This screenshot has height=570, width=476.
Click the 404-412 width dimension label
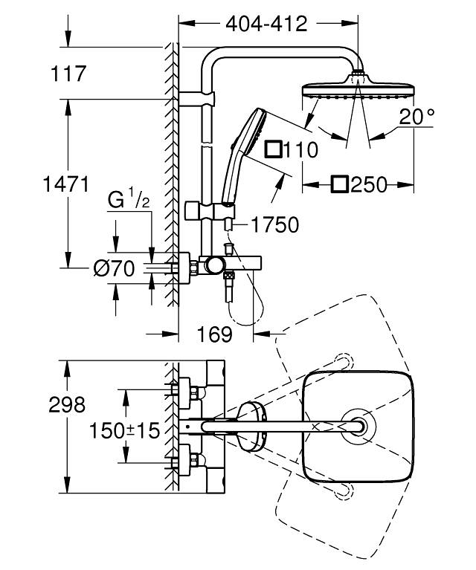[x=266, y=25]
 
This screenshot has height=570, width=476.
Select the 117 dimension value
[x=69, y=74]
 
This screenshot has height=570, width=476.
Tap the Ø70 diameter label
[x=115, y=268]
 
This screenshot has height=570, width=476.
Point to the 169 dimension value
[x=216, y=335]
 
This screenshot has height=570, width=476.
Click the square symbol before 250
[x=341, y=185]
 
